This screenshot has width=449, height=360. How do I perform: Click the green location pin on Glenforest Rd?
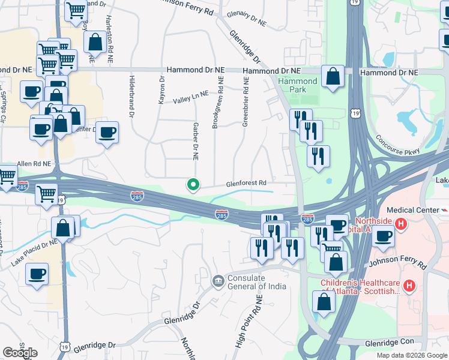pos(193,185)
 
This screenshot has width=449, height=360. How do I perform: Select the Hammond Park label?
pos(297,85)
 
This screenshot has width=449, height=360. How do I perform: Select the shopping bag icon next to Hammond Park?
pos(333,77)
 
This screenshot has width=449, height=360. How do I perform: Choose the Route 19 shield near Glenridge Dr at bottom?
pos(65,346)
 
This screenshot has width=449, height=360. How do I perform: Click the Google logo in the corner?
pos(20,353)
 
